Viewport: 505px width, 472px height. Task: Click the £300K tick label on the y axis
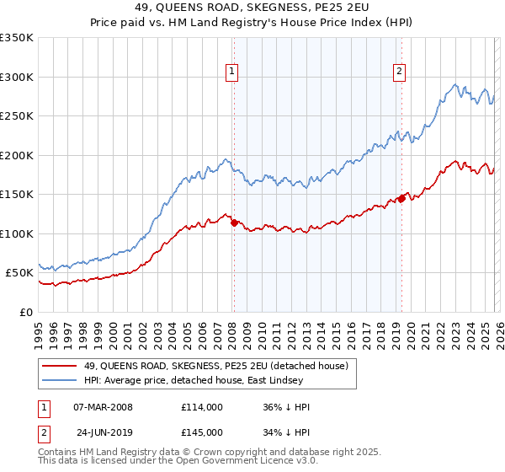[17, 77]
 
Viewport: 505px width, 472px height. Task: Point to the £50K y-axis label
[19, 273]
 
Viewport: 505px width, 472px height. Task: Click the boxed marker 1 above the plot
[231, 72]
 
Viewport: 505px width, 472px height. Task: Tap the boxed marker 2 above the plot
[399, 72]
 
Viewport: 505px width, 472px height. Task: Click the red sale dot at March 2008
[234, 223]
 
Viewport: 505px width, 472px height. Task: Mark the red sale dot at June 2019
[401, 198]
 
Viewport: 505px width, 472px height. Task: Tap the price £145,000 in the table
[201, 431]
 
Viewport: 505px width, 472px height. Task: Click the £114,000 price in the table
[201, 407]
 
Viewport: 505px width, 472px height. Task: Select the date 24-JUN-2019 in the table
[106, 431]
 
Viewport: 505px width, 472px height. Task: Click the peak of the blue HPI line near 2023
[454, 84]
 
